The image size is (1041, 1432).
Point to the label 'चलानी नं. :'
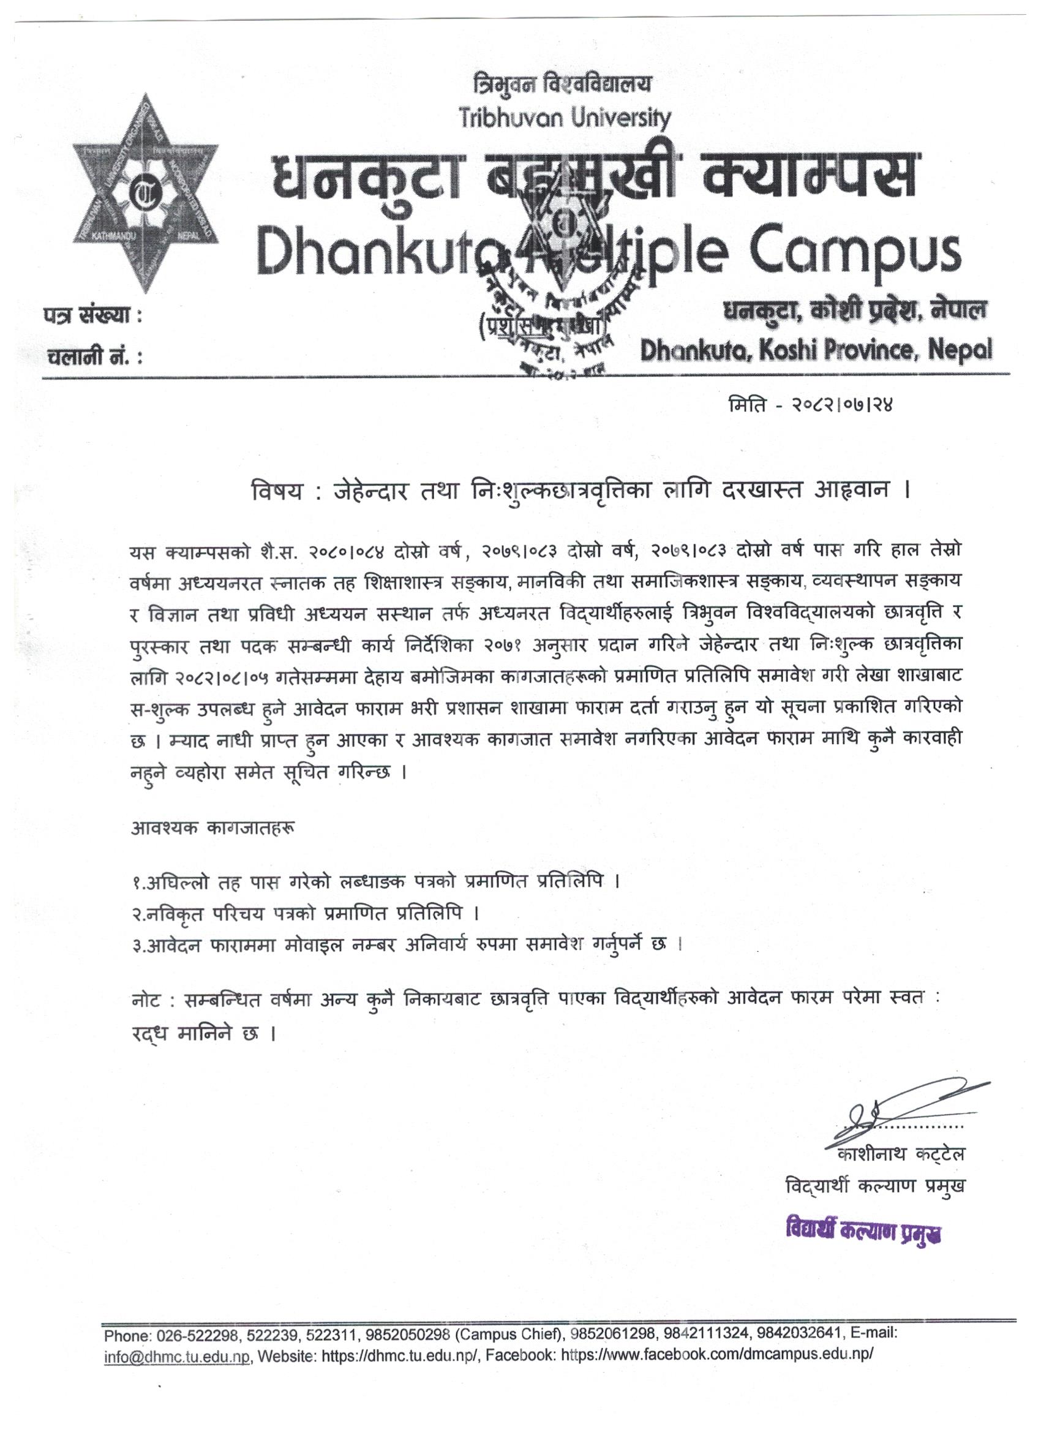pyautogui.click(x=94, y=356)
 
